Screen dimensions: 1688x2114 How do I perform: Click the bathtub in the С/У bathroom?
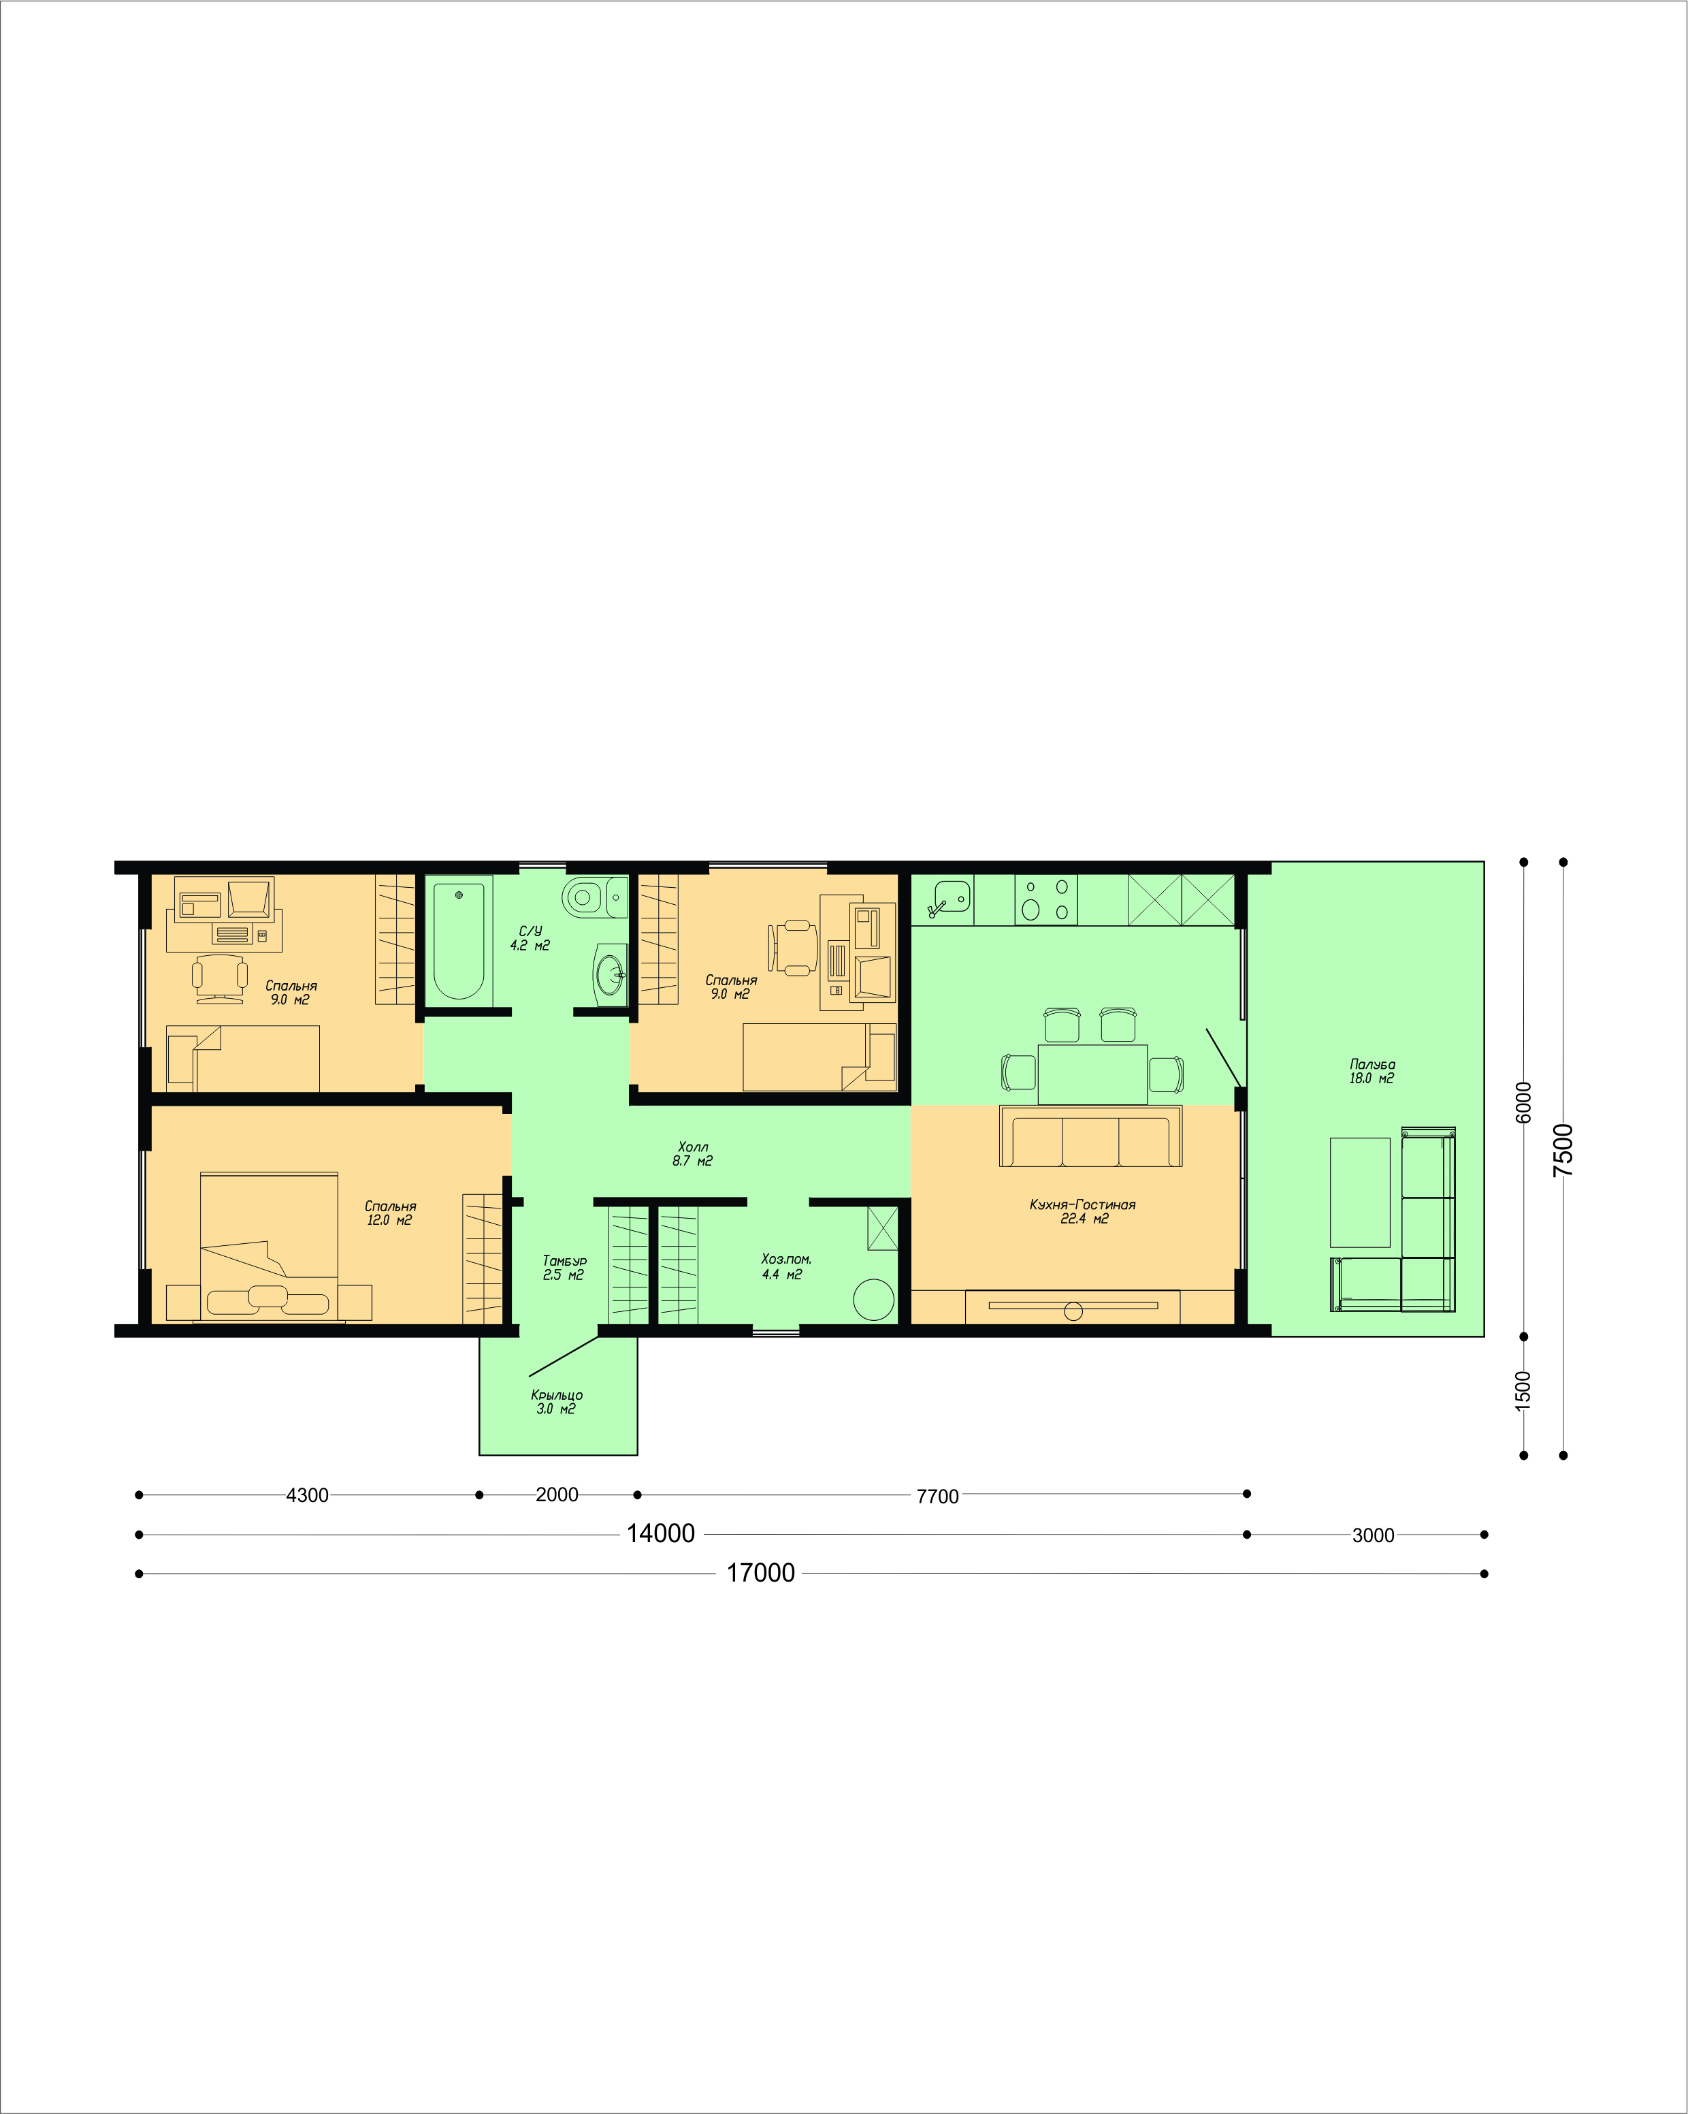[x=459, y=940]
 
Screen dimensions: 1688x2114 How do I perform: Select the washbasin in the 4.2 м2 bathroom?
[x=611, y=975]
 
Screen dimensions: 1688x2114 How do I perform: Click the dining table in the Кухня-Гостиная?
[x=1092, y=1074]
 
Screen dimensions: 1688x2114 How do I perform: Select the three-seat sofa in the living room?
[x=1090, y=1136]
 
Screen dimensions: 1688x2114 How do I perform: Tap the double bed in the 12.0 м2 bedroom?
[x=269, y=1246]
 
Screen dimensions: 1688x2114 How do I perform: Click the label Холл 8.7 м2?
[x=692, y=1153]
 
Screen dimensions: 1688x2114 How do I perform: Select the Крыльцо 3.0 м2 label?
[x=556, y=1401]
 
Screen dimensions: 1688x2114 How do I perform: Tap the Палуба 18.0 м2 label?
[x=1371, y=1071]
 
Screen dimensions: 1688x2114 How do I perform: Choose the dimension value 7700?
[x=937, y=1496]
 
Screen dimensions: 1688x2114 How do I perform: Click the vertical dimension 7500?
[x=1563, y=1150]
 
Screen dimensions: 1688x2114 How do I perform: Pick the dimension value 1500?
[x=1523, y=1390]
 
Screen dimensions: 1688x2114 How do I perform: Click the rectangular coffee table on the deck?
[x=1360, y=1192]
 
